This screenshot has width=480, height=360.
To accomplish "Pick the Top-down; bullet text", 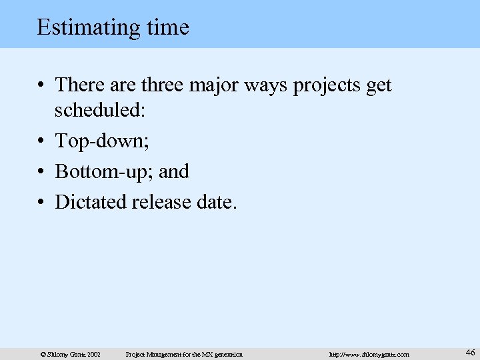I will click(x=101, y=141).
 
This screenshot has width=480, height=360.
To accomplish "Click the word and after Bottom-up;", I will click(x=174, y=171).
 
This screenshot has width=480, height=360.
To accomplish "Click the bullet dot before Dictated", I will click(x=42, y=202).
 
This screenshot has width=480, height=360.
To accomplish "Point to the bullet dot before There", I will click(x=42, y=86).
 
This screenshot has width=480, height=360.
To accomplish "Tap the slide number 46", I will click(x=470, y=352).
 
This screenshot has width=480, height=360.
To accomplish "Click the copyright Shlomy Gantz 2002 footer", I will click(x=70, y=354).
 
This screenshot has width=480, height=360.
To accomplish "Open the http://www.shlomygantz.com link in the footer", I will click(x=369, y=354).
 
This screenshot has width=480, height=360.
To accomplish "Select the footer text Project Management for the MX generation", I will click(x=184, y=354).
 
